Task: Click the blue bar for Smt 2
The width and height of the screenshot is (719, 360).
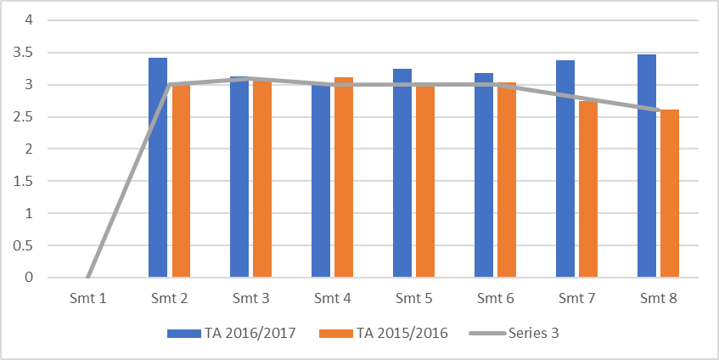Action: tap(158, 170)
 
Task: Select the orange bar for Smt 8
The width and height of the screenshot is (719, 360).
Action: tap(670, 195)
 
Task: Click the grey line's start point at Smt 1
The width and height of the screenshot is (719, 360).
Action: tap(87, 277)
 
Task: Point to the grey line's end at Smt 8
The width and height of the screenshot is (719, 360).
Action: tap(658, 110)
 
